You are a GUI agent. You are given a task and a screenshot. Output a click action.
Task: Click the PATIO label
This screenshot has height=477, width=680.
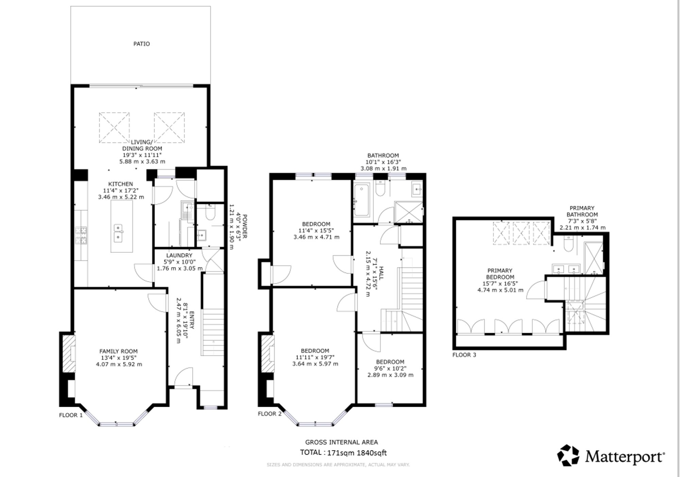(x=141, y=44)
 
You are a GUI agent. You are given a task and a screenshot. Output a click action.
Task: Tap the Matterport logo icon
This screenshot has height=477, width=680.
(x=568, y=455)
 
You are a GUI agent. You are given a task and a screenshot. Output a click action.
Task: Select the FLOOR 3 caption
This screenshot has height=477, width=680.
(x=464, y=355)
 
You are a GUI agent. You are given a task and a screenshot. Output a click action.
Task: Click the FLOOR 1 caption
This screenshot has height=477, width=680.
(x=71, y=415)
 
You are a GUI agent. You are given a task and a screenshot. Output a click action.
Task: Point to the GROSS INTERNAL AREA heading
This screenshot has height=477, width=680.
(x=341, y=442)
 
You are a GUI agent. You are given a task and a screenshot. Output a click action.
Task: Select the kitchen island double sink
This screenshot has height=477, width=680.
(x=118, y=233)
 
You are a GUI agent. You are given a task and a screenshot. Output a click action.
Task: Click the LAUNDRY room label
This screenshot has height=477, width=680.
(x=179, y=255)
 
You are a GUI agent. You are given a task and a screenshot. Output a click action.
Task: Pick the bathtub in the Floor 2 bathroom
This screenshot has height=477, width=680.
(x=361, y=200)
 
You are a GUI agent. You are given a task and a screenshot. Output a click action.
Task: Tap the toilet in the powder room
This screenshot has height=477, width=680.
(x=210, y=212)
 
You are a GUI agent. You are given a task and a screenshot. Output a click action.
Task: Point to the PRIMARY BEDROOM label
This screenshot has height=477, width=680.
(x=500, y=274)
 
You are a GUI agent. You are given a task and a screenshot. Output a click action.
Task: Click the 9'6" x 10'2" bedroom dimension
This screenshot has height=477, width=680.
(x=390, y=368)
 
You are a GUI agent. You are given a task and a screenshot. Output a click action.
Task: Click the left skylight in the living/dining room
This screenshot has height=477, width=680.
(x=114, y=128)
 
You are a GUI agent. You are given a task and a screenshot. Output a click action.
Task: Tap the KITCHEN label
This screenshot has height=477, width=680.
(x=121, y=184)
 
